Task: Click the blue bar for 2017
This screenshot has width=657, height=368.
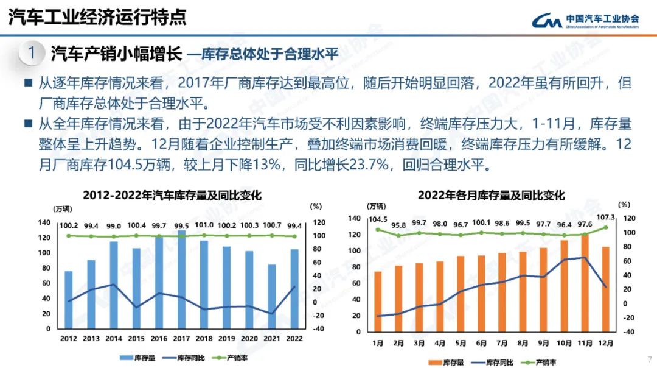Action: point(181,280)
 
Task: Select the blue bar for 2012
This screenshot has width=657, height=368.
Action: point(69,300)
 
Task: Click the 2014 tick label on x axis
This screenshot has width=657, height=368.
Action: point(114,339)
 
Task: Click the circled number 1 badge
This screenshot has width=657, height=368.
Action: point(32,53)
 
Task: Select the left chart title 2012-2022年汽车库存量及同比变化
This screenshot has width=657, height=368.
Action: point(172,196)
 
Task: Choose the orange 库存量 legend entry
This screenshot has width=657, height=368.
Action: point(446,363)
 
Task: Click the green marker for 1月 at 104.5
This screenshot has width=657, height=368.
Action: point(378,230)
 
